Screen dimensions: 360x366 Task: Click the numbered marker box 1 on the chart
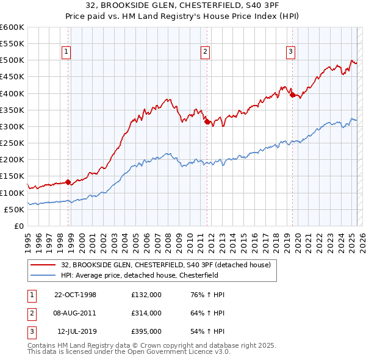pos(65,52)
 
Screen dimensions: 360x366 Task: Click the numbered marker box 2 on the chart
pos(206,52)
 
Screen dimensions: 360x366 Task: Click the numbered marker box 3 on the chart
pos(291,52)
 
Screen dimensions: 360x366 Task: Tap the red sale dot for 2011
pos(207,122)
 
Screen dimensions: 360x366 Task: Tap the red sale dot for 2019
pos(292,95)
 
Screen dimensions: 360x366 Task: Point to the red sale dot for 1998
pos(68,182)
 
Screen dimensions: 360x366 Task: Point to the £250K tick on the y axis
pos(12,143)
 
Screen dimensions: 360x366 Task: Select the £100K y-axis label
pos(12,193)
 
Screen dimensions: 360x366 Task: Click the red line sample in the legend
pos(43,264)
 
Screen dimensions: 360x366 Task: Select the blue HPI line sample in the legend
pos(43,275)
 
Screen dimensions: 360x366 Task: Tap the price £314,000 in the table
pos(146,313)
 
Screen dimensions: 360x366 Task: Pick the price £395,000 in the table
pos(146,331)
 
